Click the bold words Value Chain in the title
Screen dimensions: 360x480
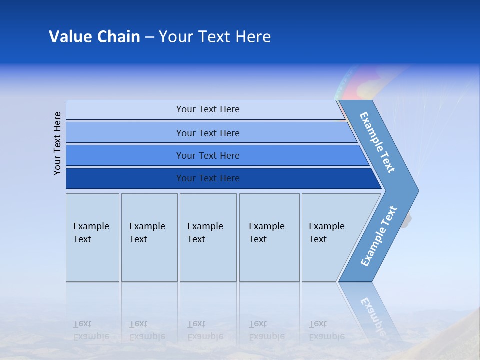pos(94,37)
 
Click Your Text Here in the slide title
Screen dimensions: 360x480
pos(215,37)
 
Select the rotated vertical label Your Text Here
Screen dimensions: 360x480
pos(57,143)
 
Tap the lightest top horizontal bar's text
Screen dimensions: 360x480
pos(208,109)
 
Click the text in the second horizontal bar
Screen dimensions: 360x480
pos(208,133)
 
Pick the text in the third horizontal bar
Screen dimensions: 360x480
pos(208,156)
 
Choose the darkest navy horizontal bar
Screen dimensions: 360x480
pos(208,178)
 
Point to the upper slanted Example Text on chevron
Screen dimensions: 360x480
pos(377,142)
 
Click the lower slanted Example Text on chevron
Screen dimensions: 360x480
pos(378,236)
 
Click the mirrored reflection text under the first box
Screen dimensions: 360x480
pos(91,330)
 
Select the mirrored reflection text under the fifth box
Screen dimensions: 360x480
pos(326,330)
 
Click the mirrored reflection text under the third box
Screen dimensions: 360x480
pos(205,330)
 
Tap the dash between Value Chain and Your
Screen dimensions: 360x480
pos(149,37)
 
